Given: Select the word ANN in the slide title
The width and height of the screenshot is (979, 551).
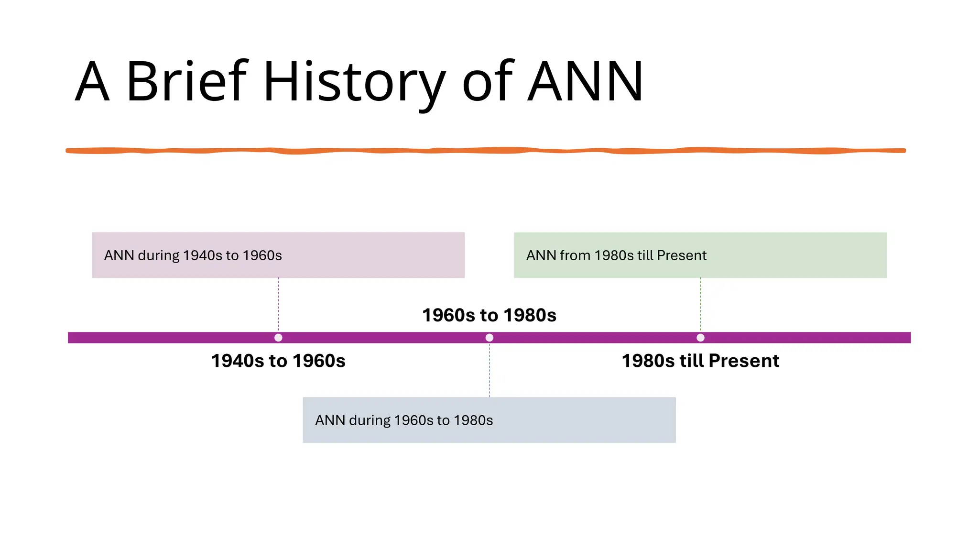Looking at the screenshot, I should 585,81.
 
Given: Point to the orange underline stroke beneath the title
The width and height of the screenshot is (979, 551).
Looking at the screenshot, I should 486,151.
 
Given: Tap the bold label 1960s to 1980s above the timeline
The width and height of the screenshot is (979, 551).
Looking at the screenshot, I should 489,315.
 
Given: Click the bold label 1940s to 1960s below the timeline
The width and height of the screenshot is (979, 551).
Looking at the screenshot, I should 278,361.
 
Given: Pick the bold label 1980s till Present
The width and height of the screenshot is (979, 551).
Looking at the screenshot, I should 700,361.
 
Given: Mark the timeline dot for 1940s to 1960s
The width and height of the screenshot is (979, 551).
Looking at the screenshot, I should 278,338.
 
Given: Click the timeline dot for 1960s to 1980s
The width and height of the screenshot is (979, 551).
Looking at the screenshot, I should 489,338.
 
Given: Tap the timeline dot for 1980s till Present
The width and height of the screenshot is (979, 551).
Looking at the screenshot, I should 700,338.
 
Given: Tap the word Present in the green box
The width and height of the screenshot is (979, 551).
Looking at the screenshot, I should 682,255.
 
